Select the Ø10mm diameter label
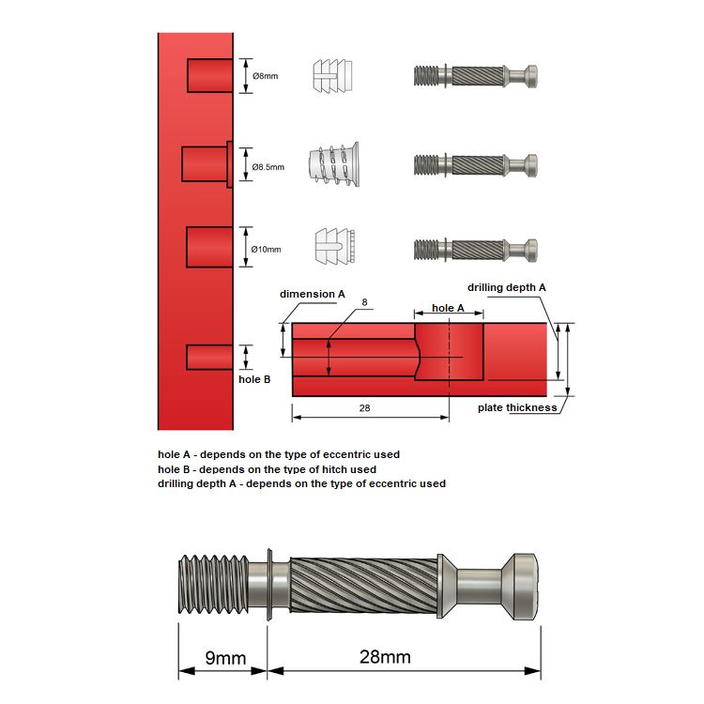point(268,249)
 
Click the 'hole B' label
point(254,379)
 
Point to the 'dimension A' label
point(313,294)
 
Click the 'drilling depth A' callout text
point(507,286)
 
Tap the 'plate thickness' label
point(516,407)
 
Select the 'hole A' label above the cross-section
point(448,308)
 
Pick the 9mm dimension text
point(225,657)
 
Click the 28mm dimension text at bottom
point(385,657)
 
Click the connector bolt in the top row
point(476,76)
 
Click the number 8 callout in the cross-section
point(364,303)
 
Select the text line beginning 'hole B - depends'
point(267,469)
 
